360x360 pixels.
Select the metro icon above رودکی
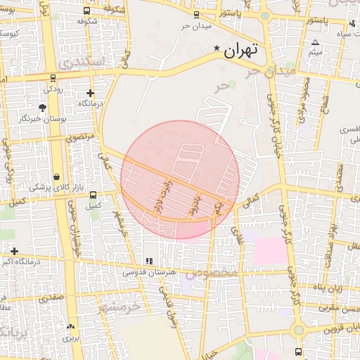[x=53, y=77]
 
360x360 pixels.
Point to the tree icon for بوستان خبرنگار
[x=43, y=108]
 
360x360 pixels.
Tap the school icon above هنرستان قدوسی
[x=148, y=261]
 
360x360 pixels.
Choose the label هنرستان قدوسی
[x=144, y=272]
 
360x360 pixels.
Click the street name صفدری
[x=51, y=298]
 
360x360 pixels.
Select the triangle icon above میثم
[x=315, y=42]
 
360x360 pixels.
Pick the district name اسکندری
[x=81, y=63]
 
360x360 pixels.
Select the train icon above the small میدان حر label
[x=195, y=15]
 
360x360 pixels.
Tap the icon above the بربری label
[x=70, y=327]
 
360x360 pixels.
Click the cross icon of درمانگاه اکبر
[x=14, y=250]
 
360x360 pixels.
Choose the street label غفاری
[x=236, y=235]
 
